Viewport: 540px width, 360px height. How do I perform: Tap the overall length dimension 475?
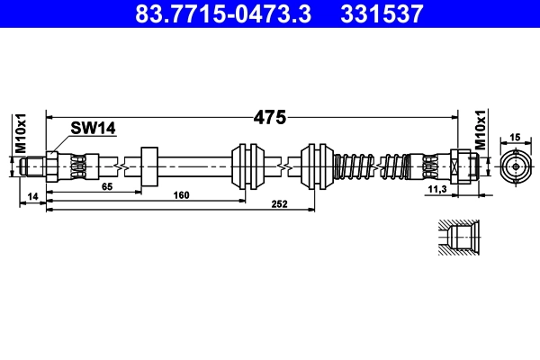(268, 117)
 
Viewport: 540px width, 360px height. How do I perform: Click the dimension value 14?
(33, 195)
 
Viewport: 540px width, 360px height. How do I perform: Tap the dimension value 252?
(279, 204)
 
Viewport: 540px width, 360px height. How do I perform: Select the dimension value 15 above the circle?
(516, 138)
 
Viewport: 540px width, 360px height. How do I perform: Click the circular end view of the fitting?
(516, 166)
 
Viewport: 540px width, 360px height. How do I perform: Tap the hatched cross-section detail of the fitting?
(455, 240)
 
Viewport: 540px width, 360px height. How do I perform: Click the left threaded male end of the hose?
(35, 166)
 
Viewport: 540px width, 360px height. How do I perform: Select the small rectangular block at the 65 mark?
(148, 166)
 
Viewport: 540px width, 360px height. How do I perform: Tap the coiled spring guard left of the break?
(352, 166)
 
